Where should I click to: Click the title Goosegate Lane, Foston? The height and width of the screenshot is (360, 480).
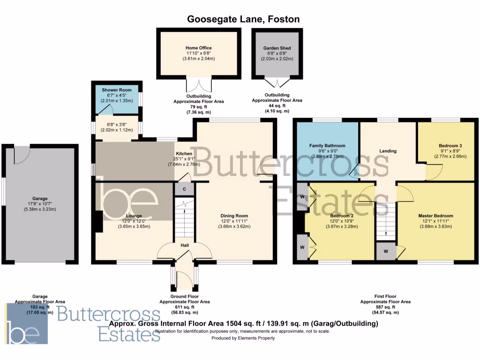pyautogui.click(x=243, y=19)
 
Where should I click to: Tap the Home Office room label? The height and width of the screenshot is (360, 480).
pyautogui.click(x=198, y=48)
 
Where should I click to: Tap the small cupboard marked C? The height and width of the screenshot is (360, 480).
pyautogui.click(x=184, y=188)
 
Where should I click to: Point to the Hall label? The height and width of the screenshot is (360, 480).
pyautogui.click(x=184, y=245)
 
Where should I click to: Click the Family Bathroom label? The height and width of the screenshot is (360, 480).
pyautogui.click(x=327, y=146)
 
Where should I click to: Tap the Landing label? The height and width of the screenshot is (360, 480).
pyautogui.click(x=388, y=151)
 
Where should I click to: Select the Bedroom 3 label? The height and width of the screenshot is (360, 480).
pyautogui.click(x=450, y=146)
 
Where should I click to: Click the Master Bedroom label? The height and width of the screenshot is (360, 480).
pyautogui.click(x=435, y=216)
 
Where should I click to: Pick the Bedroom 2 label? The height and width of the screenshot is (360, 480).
pyautogui.click(x=340, y=216)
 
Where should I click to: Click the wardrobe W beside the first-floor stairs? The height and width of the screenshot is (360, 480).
pyautogui.click(x=386, y=251)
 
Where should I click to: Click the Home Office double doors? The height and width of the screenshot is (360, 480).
pyautogui.click(x=199, y=86)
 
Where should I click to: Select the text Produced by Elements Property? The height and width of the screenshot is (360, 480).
pyautogui.click(x=243, y=338)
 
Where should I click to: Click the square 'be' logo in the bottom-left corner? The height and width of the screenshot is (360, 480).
pyautogui.click(x=27, y=324)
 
